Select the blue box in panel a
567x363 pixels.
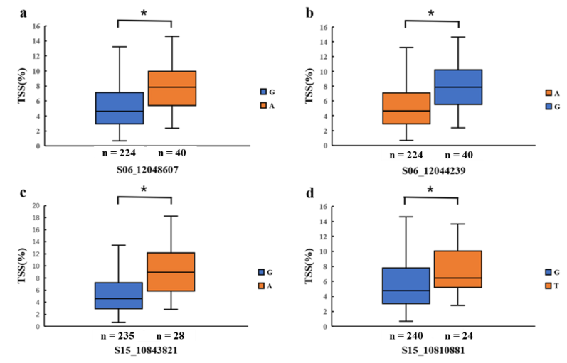pos(120,108)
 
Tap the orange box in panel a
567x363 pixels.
pos(171,88)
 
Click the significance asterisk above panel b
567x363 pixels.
pos(430,13)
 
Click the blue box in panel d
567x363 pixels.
pos(406,286)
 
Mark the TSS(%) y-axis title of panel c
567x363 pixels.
pos(22,266)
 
